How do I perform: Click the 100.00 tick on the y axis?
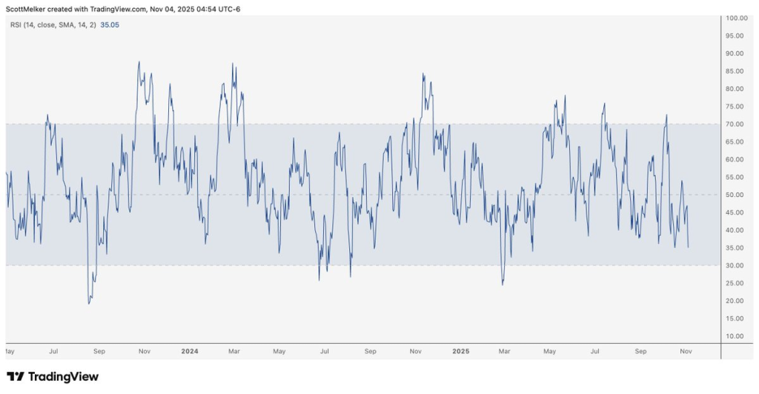tap(736, 18)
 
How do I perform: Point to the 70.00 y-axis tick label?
tap(736, 124)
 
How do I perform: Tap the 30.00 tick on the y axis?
tap(736, 265)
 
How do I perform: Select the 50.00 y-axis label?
tap(736, 195)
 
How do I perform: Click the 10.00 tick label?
tap(736, 335)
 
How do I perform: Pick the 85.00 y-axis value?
tap(736, 71)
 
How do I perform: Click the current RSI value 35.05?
tap(110, 24)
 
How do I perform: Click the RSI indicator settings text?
tap(52, 24)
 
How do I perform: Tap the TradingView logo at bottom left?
tap(52, 377)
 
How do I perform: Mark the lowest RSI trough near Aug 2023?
tap(89, 303)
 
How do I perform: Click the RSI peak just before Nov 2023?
tap(139, 62)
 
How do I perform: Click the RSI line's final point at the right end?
tap(689, 247)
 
